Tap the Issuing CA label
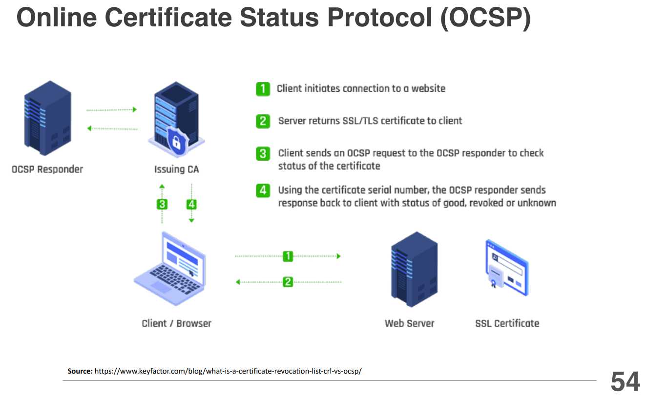[176, 170]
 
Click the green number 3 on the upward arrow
[162, 204]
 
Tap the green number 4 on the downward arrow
[191, 204]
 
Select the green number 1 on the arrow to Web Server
[288, 255]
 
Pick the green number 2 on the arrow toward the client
[288, 282]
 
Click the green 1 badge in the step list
[263, 88]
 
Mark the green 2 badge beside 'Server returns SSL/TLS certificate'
[263, 121]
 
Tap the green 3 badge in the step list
[263, 153]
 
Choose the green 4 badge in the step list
[263, 190]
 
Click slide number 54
[625, 381]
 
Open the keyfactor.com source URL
[228, 371]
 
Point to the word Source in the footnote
[80, 371]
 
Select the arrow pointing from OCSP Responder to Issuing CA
[111, 110]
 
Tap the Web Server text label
[409, 323]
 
